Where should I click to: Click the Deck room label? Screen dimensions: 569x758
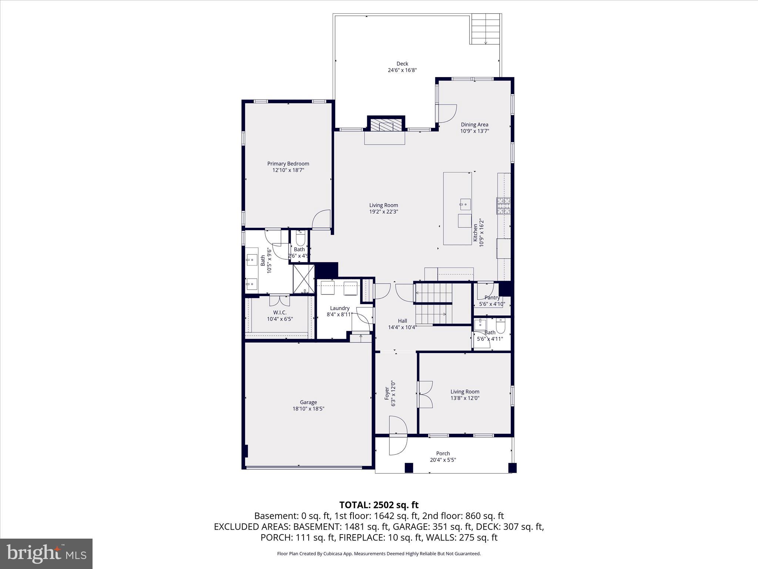coord(402,64)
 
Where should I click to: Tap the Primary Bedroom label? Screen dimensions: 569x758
coord(288,164)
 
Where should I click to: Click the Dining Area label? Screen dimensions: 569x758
coord(474,124)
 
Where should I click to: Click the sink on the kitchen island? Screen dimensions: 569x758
coord(465,203)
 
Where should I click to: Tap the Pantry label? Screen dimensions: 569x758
coord(492,297)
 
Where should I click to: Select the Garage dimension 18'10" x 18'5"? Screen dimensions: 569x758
coord(308,409)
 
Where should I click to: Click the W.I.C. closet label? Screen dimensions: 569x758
coord(280,312)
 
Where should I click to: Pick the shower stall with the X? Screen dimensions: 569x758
coord(303,279)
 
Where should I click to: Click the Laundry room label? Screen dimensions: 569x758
coord(339,308)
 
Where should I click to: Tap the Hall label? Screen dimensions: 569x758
coord(402,321)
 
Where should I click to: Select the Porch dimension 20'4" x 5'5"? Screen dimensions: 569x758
coord(443,460)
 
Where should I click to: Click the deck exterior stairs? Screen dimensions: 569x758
coord(486,29)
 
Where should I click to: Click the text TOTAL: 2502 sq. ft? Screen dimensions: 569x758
coord(379,505)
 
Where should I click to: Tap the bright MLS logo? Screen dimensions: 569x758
coord(46,554)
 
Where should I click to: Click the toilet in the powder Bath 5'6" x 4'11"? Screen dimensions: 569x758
coord(501,326)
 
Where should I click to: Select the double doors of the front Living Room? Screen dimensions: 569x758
coord(425,395)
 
